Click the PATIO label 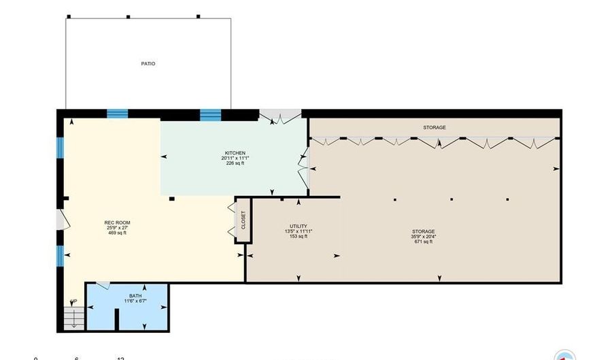pos(148,64)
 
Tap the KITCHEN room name pos(235,152)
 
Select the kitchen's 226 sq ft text pos(235,163)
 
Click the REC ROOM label pos(117,223)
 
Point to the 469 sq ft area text pos(117,233)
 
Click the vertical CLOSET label pos(243,220)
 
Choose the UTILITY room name pos(298,226)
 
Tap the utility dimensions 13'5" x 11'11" pos(298,231)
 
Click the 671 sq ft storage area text pos(422,242)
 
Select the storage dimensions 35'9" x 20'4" pos(422,236)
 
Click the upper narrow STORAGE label pos(435,127)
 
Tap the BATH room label pos(135,295)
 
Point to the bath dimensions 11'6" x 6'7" pos(135,301)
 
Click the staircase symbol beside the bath pos(72,317)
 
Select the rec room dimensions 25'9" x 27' pos(117,228)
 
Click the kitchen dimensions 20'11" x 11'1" pos(235,158)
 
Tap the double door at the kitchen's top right pos(281,118)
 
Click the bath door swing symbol pos(103,286)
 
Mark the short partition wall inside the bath pos(118,319)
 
